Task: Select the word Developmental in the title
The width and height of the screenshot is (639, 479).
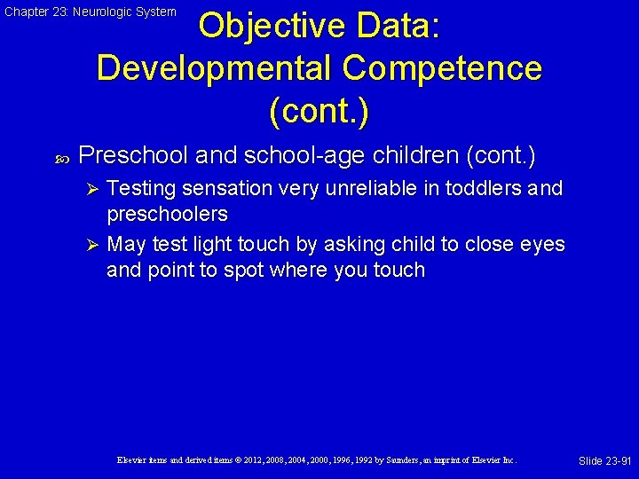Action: pyautogui.click(x=213, y=68)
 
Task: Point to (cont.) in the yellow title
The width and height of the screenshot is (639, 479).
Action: pyautogui.click(x=319, y=111)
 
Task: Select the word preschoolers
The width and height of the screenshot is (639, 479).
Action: pyautogui.click(x=167, y=214)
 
